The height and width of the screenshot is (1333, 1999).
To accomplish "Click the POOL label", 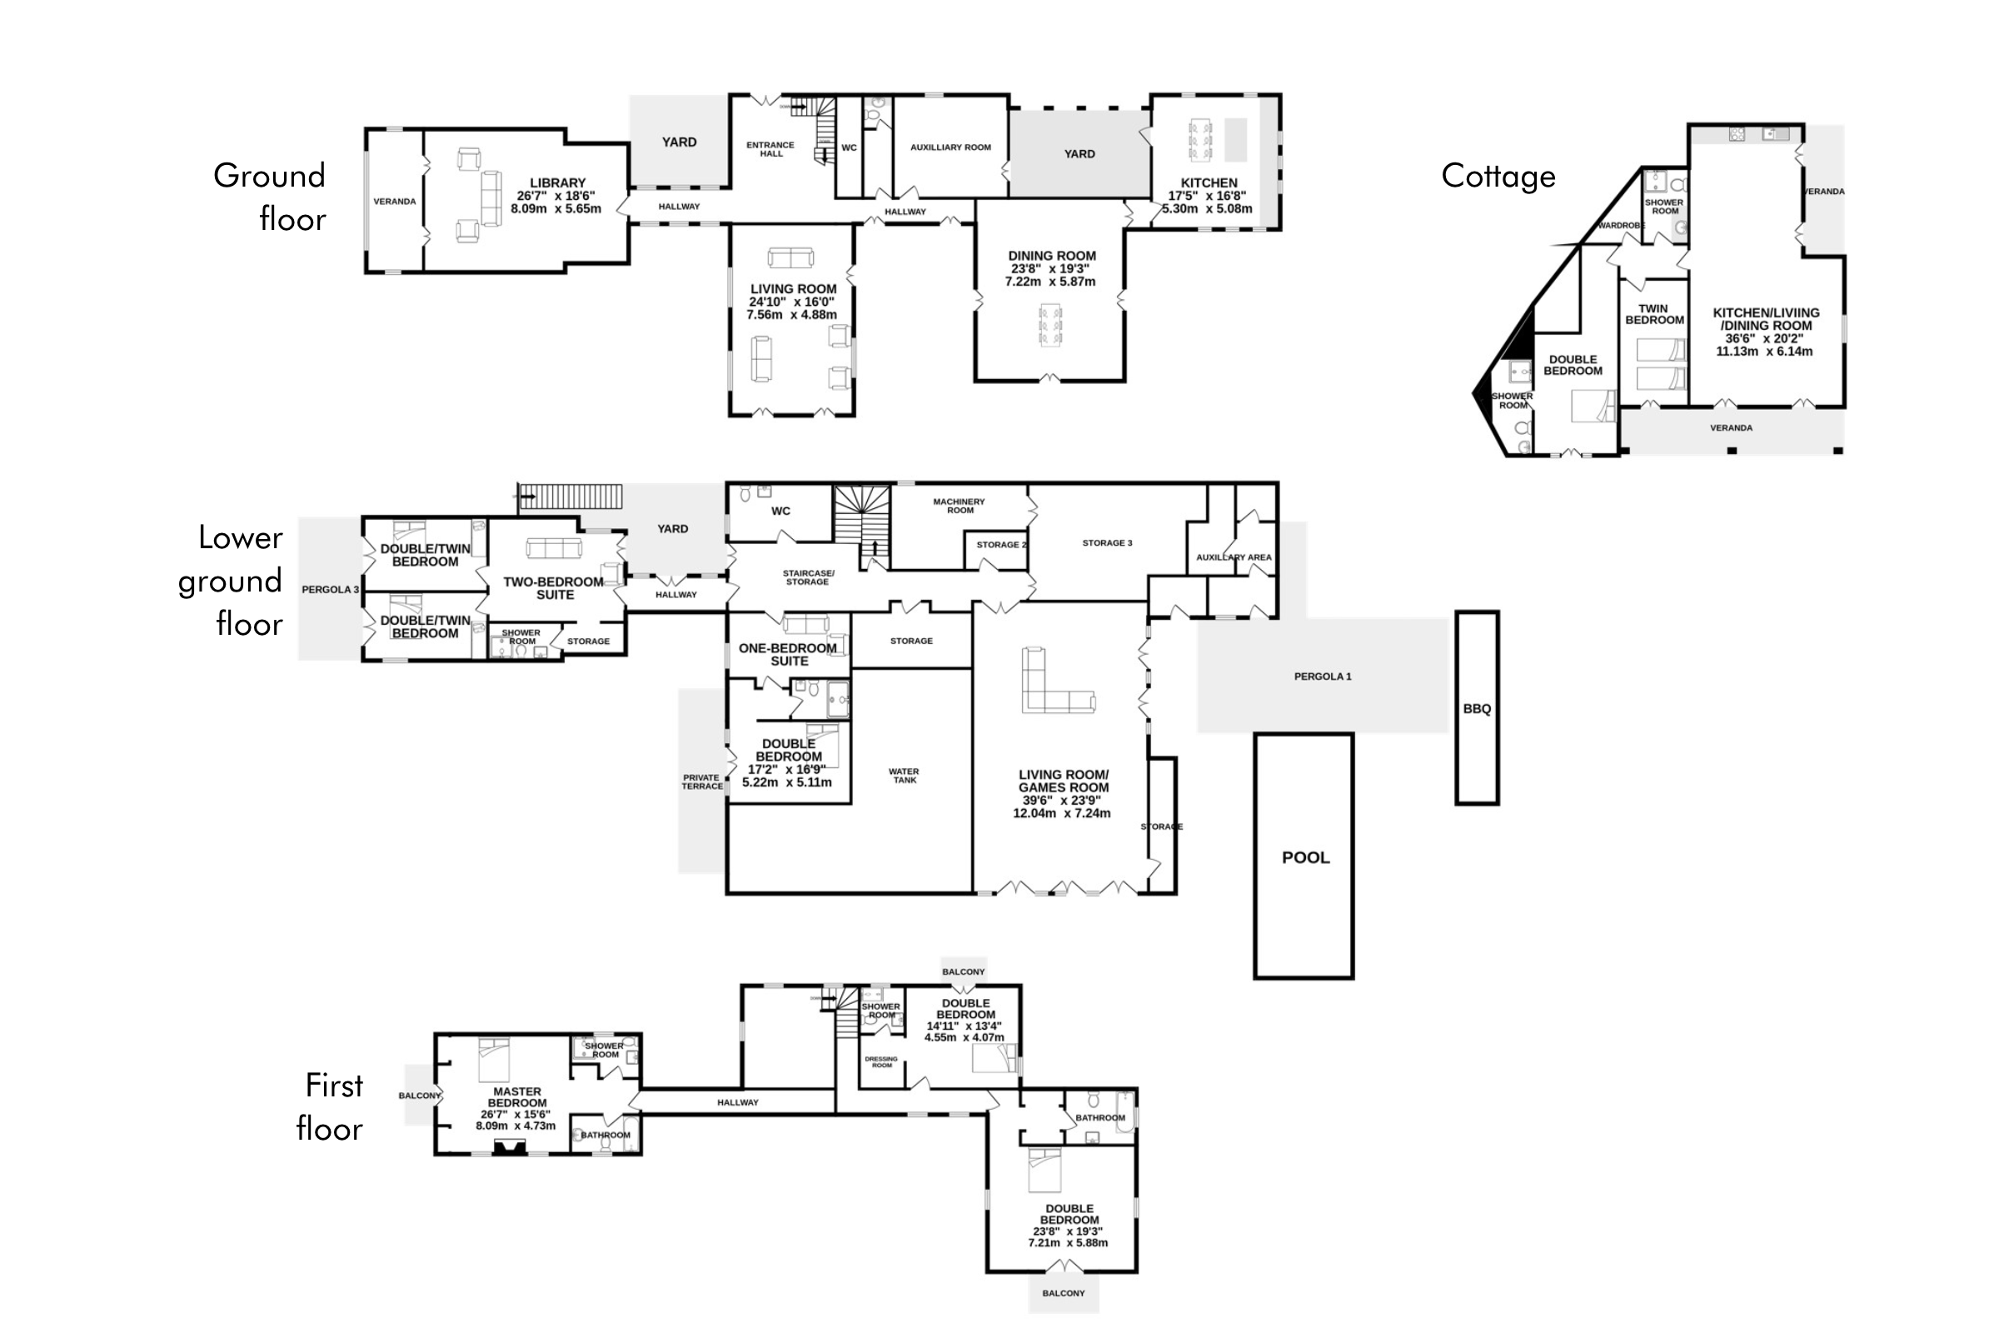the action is [1305, 858].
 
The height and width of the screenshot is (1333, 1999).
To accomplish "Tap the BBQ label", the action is [1477, 709].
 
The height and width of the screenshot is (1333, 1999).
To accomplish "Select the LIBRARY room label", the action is [557, 182].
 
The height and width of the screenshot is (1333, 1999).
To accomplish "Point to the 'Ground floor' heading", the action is [269, 197].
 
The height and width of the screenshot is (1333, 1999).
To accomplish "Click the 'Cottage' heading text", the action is [1498, 176].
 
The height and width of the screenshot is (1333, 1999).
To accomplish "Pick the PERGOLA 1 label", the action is [1323, 676].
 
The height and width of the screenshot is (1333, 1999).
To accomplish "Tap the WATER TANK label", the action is [905, 776].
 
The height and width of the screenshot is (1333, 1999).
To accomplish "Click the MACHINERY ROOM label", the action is [960, 506].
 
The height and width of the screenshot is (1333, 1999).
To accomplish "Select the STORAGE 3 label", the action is [1108, 543].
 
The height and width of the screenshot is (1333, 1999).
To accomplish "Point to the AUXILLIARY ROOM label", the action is [951, 147].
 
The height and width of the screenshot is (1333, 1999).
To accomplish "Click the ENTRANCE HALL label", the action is [771, 150].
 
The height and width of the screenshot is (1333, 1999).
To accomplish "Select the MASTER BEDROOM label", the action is [517, 1097].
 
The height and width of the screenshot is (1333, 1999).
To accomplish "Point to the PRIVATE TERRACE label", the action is [702, 782].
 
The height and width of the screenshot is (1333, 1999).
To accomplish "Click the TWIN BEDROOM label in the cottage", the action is [1654, 315].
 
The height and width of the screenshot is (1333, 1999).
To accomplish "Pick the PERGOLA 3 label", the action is [331, 590].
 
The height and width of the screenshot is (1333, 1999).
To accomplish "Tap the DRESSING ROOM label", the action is [881, 1061].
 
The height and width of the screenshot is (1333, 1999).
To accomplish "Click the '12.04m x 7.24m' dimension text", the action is [1061, 814].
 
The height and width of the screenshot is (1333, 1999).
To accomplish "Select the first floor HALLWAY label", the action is [738, 1102].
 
